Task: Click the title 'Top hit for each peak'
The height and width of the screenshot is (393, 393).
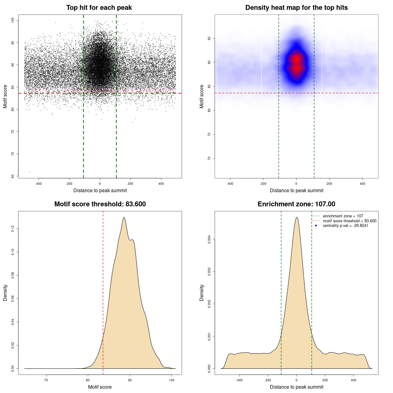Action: tap(99, 8)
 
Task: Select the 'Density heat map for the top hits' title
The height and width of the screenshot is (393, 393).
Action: tap(296, 8)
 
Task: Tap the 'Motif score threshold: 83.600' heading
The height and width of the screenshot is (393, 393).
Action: tap(100, 204)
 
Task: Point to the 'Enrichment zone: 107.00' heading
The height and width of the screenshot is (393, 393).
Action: tap(296, 204)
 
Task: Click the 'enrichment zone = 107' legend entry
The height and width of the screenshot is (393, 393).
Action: tap(343, 216)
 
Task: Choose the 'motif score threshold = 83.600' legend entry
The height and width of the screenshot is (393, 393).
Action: tap(349, 221)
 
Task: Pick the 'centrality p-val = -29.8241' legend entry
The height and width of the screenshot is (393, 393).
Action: tap(345, 226)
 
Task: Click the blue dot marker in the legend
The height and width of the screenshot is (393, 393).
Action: tap(316, 226)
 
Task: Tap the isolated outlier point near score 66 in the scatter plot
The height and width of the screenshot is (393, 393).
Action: tap(30, 172)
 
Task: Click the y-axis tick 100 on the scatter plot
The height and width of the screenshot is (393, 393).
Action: tap(13, 20)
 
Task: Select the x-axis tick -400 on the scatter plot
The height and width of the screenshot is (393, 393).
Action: tap(38, 184)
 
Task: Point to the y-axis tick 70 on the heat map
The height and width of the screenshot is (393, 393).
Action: tap(209, 158)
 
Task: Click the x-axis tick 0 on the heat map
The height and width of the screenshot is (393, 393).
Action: tap(296, 184)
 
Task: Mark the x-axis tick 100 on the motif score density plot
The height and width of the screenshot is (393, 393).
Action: tap(172, 380)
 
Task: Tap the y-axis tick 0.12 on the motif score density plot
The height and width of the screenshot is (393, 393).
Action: tap(13, 229)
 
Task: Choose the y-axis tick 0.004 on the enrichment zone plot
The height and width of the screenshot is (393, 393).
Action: tap(209, 239)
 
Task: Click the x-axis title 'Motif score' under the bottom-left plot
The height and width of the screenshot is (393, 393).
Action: tap(100, 387)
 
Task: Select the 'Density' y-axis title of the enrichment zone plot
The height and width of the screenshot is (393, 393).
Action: tap(202, 293)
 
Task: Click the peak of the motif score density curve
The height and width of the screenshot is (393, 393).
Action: tap(124, 217)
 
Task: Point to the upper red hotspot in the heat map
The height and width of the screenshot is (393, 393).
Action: tap(296, 58)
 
